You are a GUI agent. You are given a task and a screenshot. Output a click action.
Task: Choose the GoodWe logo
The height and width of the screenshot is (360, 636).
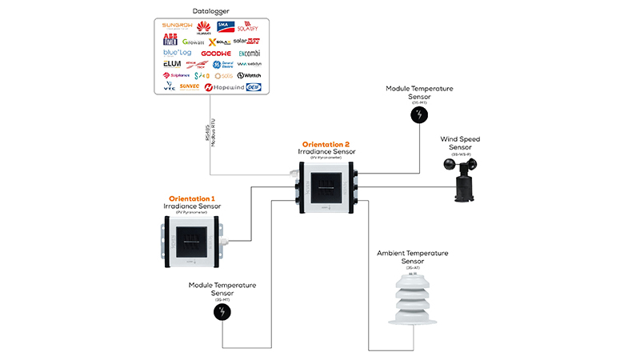(x=215, y=54)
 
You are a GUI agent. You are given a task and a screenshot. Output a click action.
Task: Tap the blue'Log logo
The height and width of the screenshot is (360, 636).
(x=177, y=53)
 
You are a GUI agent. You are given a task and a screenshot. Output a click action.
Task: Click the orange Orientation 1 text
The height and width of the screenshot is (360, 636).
(x=192, y=198)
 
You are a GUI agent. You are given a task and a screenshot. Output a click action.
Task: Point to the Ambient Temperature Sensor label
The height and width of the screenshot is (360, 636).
(x=412, y=257)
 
